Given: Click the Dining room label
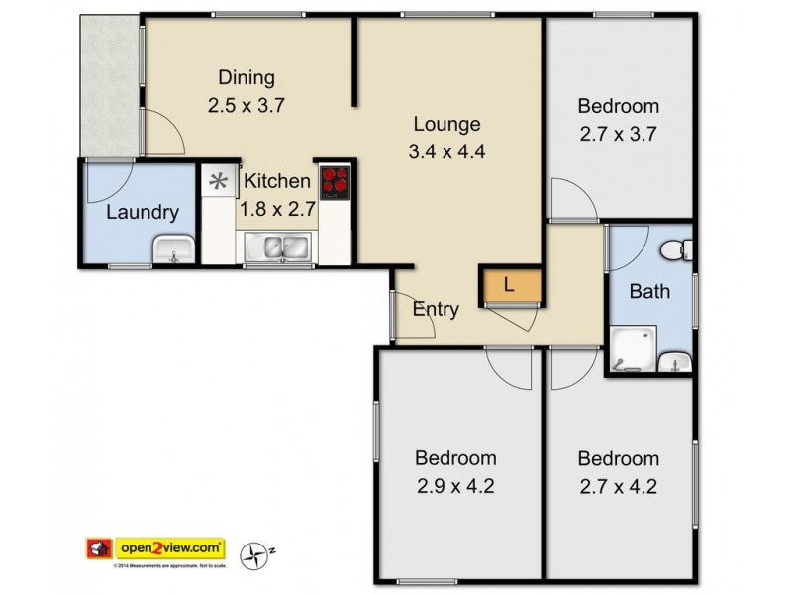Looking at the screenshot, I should (x=247, y=78).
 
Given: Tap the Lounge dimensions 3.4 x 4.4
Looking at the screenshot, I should (x=446, y=152).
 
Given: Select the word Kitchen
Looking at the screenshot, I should (x=277, y=182).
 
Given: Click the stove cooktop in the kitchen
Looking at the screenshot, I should (x=336, y=181).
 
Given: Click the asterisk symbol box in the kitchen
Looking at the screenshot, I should (x=217, y=182).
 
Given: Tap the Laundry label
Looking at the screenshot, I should (x=143, y=212).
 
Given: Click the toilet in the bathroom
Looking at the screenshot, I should (x=676, y=248).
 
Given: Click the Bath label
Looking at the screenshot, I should (x=649, y=291).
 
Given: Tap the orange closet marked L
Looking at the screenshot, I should (x=510, y=285).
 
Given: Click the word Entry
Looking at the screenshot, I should (x=436, y=309).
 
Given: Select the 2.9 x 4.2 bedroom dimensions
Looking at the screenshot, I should (x=455, y=486).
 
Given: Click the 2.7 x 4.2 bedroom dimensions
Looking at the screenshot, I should (x=618, y=486).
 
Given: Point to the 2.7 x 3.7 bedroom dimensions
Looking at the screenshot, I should (x=618, y=134).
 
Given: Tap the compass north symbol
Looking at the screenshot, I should (x=259, y=553).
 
